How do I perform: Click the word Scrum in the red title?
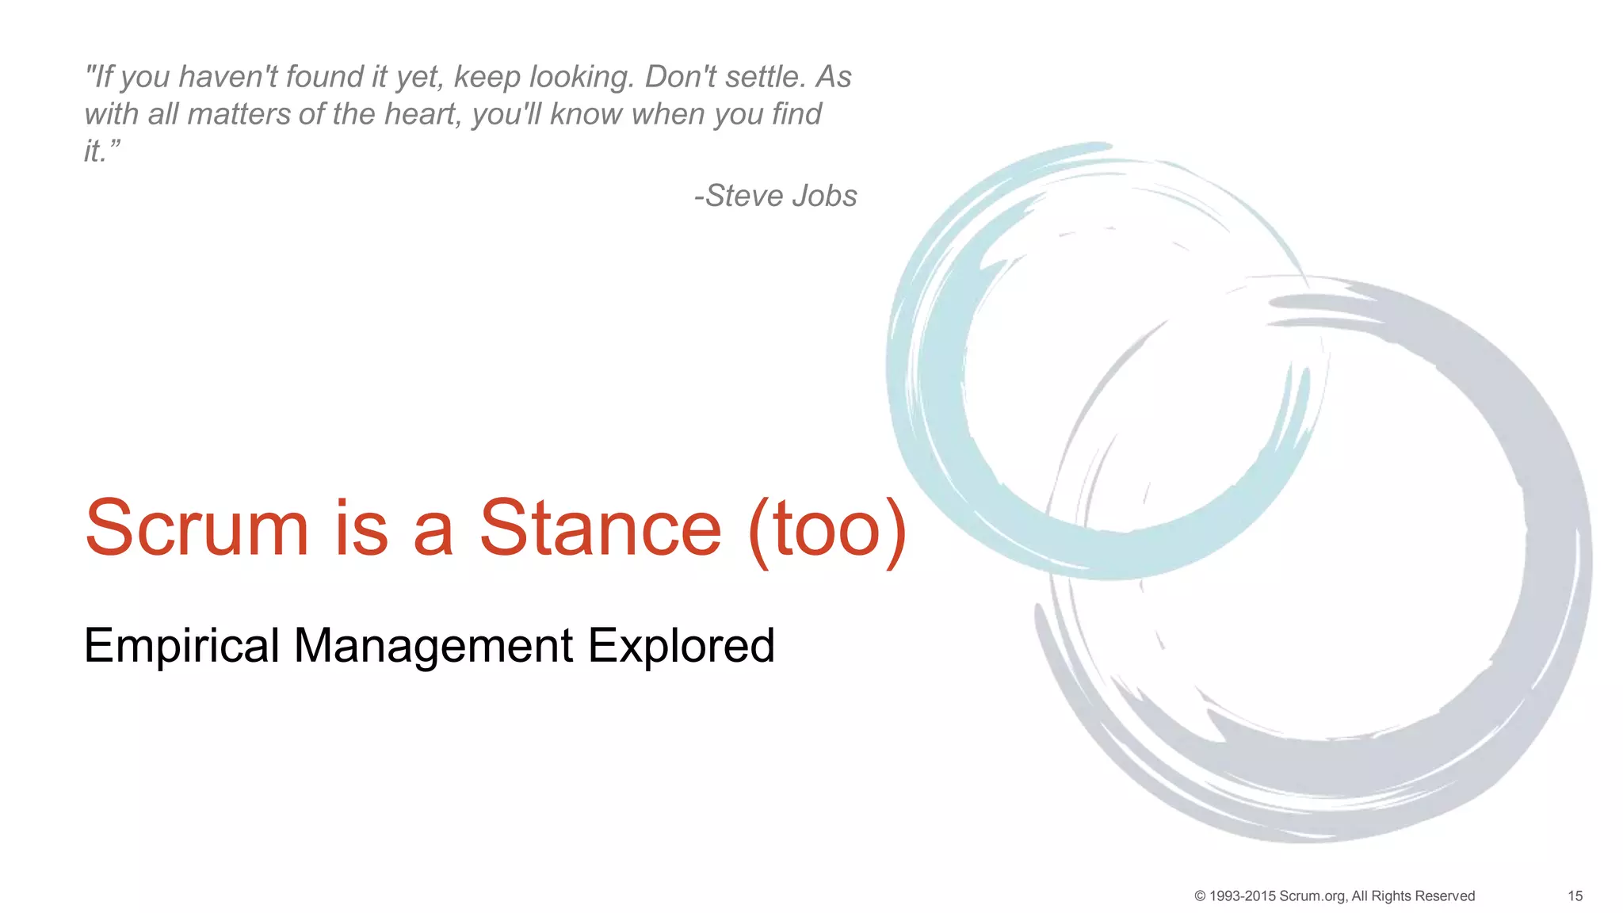197,529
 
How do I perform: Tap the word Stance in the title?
600,529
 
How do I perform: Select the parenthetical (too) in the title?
827,529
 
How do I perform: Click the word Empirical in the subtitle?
181,646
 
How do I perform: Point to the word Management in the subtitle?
433,646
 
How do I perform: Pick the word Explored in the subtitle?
681,646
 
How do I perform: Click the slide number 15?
1575,896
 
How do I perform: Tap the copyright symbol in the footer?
1200,896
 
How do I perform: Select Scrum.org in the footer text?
1312,896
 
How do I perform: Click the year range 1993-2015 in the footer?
1242,896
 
